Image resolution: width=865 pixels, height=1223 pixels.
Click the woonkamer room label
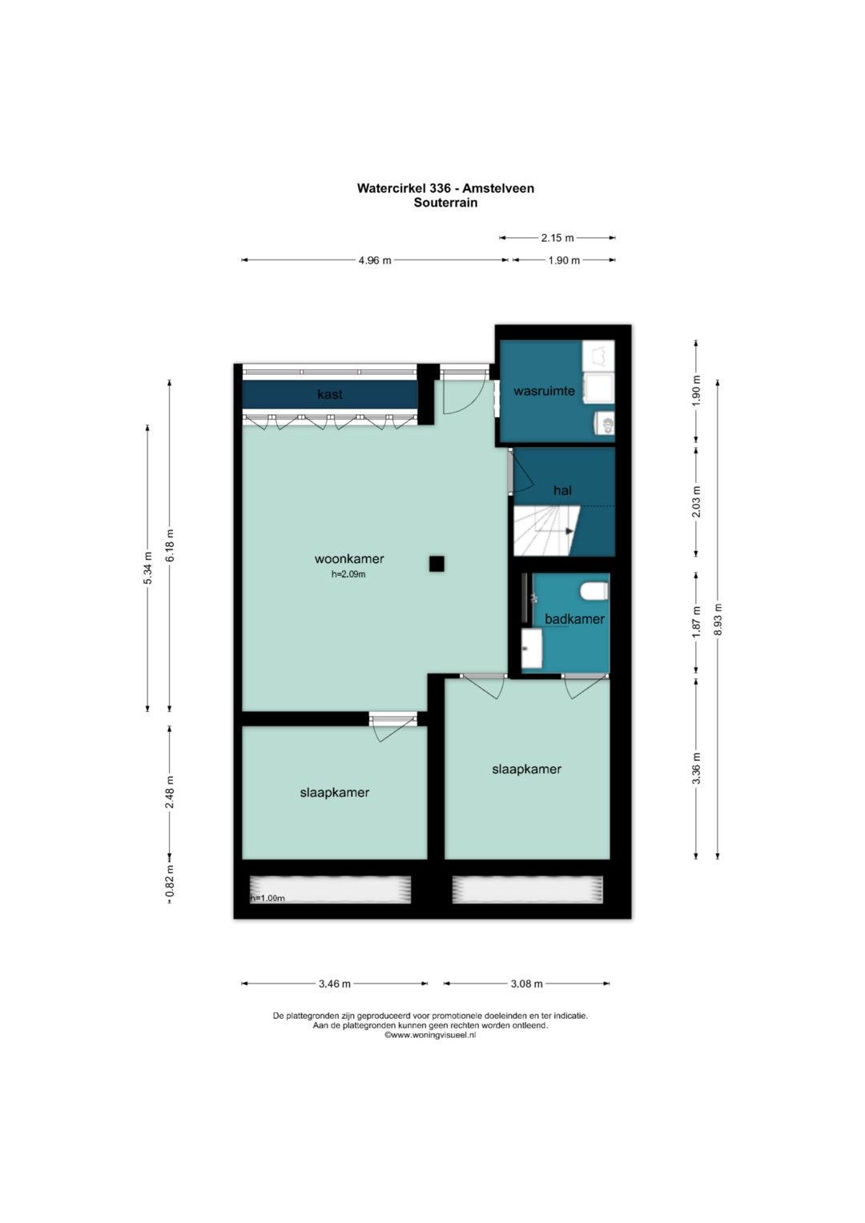coord(349,558)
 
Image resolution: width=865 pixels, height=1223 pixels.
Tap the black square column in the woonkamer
coord(437,564)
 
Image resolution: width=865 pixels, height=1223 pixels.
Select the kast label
coord(330,394)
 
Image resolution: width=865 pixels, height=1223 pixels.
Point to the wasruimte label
coord(544,391)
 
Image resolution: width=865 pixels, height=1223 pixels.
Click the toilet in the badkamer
coord(594,591)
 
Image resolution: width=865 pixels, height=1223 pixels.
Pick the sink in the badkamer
coord(531,648)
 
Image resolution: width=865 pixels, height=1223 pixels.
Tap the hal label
coord(562,490)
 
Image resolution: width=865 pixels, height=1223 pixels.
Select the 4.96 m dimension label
coord(375,260)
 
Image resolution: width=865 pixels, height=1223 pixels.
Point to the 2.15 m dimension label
coord(557,238)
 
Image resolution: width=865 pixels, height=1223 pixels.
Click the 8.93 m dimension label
coord(718,619)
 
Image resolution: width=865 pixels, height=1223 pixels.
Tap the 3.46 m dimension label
coord(334,984)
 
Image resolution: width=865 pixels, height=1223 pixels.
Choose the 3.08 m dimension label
coord(526,984)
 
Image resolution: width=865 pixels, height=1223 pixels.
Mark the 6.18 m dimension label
coord(170,545)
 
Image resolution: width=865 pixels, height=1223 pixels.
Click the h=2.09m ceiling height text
coord(348,573)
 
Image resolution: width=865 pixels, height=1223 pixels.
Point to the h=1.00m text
coord(268,898)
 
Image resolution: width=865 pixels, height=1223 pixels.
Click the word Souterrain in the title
coord(445,203)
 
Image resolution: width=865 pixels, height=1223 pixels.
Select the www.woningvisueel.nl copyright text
coord(430,1035)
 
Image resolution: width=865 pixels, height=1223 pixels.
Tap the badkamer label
coord(574,619)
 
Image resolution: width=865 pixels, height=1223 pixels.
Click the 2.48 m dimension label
coord(170,792)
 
